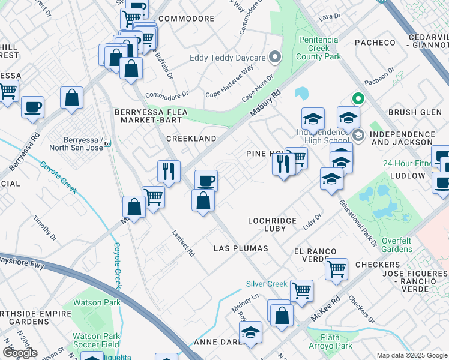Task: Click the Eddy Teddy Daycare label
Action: [x=228, y=58]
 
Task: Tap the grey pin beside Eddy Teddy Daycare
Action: [x=276, y=58]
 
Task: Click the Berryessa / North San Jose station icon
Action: [x=107, y=143]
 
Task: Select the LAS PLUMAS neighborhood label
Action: [x=241, y=248]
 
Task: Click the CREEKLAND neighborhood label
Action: [x=191, y=139]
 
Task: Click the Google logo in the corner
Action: [x=20, y=352]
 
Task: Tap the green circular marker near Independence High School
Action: [x=358, y=98]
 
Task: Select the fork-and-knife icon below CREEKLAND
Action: [x=169, y=171]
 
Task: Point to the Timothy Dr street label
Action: [x=44, y=229]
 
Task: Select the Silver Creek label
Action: [x=267, y=284]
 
